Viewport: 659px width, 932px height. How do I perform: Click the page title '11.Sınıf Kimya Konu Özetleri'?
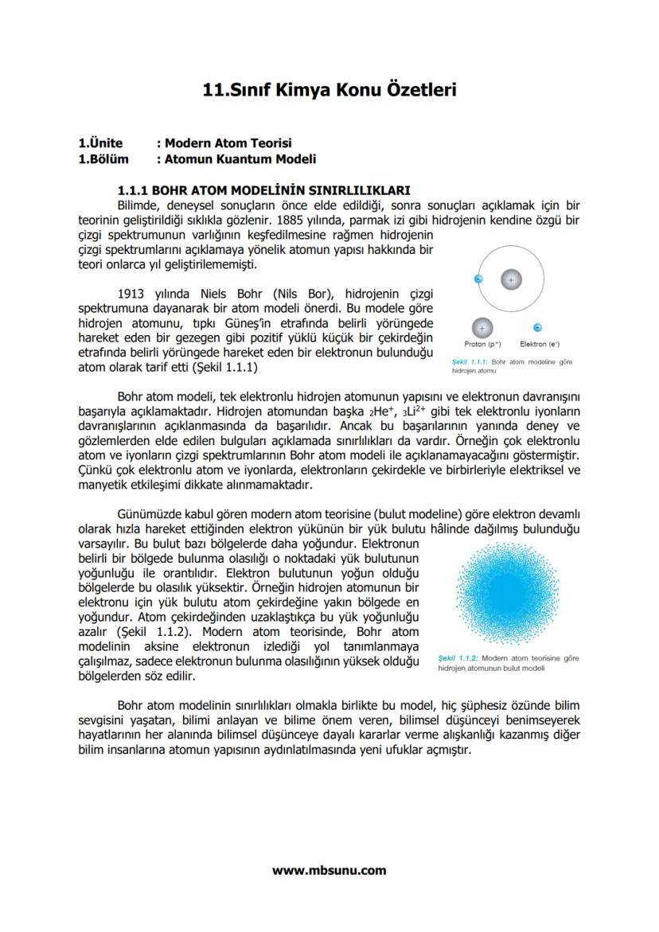coord(329,91)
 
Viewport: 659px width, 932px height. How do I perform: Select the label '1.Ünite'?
coord(100,143)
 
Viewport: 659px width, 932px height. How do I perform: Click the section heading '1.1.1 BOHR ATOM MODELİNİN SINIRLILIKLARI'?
coord(263,190)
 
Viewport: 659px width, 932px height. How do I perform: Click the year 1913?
coord(132,292)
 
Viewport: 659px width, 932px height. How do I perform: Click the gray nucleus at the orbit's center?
coord(511,279)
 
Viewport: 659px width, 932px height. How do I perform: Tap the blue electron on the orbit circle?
coord(478,279)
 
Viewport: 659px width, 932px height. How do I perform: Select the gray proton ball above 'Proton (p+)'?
coord(482,327)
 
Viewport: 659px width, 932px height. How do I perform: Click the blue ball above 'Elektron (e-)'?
coord(538,327)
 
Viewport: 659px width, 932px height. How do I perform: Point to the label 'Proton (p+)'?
coord(482,344)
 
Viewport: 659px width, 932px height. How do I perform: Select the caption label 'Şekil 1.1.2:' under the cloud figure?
coord(458,659)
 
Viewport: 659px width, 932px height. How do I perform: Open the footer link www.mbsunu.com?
coord(329,870)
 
